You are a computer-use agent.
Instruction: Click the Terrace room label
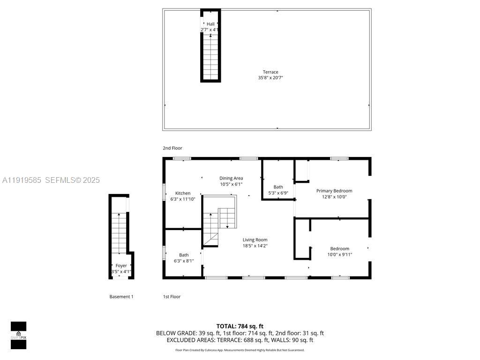coord(270,72)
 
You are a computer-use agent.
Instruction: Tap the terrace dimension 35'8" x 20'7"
coord(270,78)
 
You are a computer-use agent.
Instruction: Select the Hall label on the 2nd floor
coord(210,24)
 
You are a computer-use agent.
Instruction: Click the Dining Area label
coord(231,178)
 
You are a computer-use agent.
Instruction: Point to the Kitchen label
coord(183,193)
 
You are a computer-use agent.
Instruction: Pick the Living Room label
coord(255,240)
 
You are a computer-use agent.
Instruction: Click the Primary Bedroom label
coord(334,191)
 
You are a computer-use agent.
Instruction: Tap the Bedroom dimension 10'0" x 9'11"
coord(339,255)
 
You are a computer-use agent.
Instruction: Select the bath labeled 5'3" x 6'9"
coord(278,190)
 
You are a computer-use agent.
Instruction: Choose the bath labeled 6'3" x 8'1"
coord(184,258)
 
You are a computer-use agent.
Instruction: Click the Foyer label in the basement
coord(121,266)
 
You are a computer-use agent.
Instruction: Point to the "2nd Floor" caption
coord(172,148)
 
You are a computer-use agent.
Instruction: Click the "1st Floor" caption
coord(172,297)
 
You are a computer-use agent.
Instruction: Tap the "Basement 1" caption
coord(121,297)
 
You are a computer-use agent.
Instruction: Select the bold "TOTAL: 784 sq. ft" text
coord(240,326)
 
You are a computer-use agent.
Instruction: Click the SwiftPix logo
coord(18,335)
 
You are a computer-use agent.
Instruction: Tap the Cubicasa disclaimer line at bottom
coord(240,350)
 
